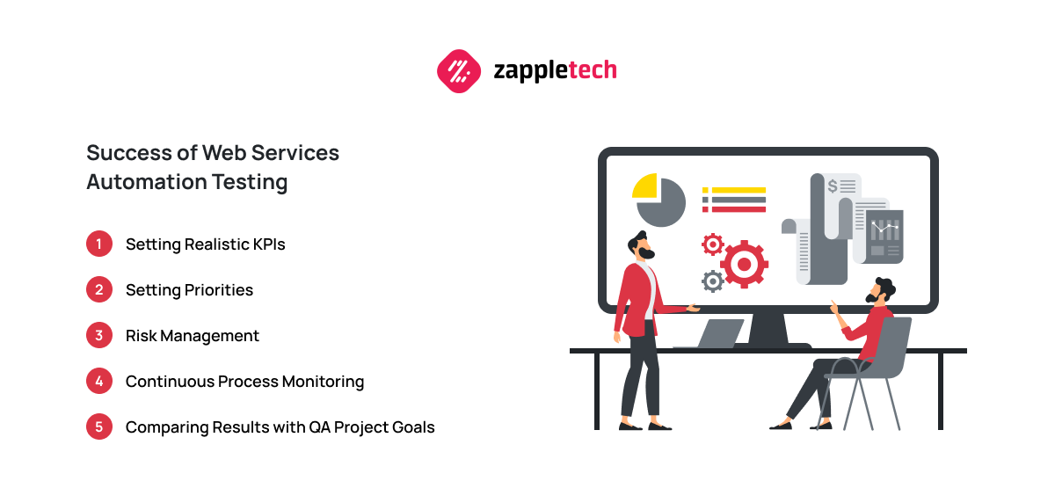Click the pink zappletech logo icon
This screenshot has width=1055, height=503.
click(x=459, y=71)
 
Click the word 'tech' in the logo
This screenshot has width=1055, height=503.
click(x=593, y=70)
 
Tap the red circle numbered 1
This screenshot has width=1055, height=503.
click(x=98, y=244)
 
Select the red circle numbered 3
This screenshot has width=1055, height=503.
click(x=98, y=335)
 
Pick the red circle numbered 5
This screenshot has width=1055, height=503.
click(x=98, y=426)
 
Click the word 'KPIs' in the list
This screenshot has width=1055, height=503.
click(x=269, y=244)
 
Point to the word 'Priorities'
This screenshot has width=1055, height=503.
click(x=219, y=290)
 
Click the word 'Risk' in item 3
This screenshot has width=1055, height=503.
click(x=141, y=335)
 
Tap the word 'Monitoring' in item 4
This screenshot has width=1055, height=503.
click(x=324, y=382)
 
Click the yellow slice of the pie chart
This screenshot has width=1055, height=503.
click(x=644, y=186)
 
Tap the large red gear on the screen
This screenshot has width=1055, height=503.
click(x=744, y=264)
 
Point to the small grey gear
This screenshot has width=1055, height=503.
click(x=713, y=281)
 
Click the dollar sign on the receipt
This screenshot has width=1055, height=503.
click(x=833, y=186)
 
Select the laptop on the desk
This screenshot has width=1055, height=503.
click(x=716, y=333)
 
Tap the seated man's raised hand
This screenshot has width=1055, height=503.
click(x=833, y=307)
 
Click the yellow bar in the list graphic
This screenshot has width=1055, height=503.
click(x=738, y=190)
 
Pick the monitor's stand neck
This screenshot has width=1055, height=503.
click(x=768, y=328)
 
